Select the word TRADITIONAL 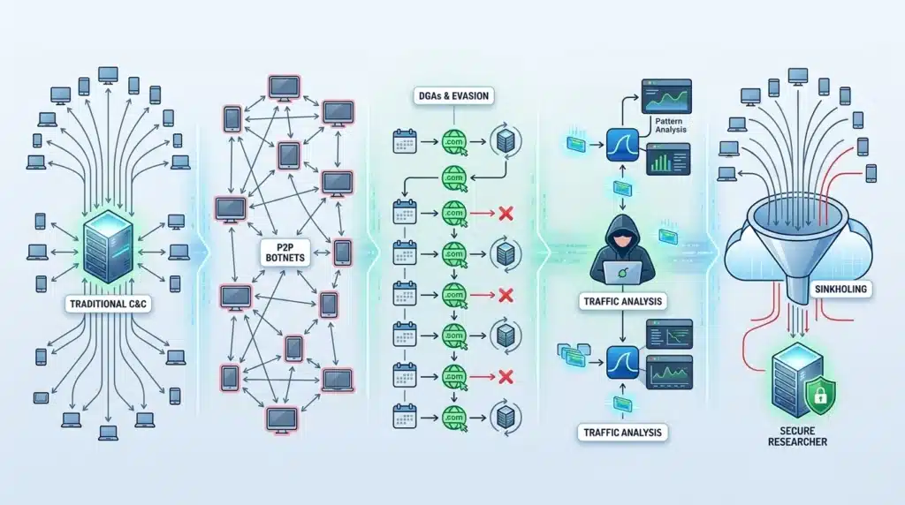(x=93, y=303)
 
